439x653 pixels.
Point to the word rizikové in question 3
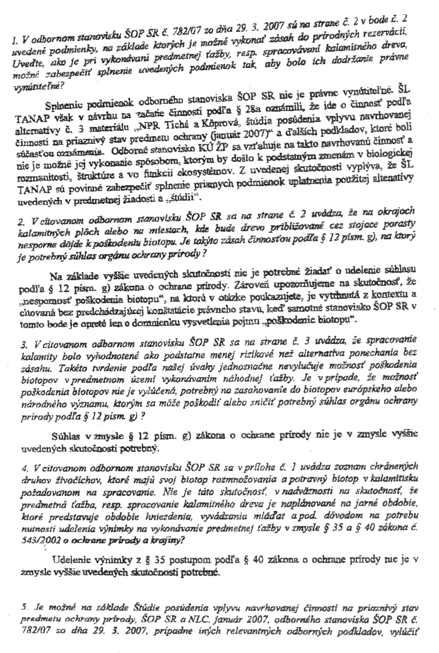point(249,355)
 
